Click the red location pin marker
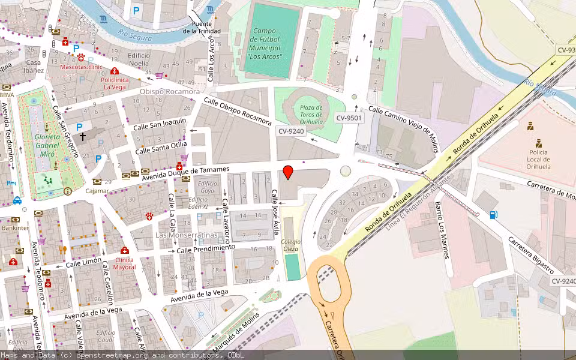(288, 172)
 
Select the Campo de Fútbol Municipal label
(264, 43)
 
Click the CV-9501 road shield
(349, 118)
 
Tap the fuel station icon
(493, 214)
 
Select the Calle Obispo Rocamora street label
(238, 111)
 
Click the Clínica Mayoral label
(124, 263)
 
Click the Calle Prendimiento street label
(205, 248)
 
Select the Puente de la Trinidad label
(202, 28)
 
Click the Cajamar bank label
(97, 191)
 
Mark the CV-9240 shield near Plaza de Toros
(291, 131)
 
